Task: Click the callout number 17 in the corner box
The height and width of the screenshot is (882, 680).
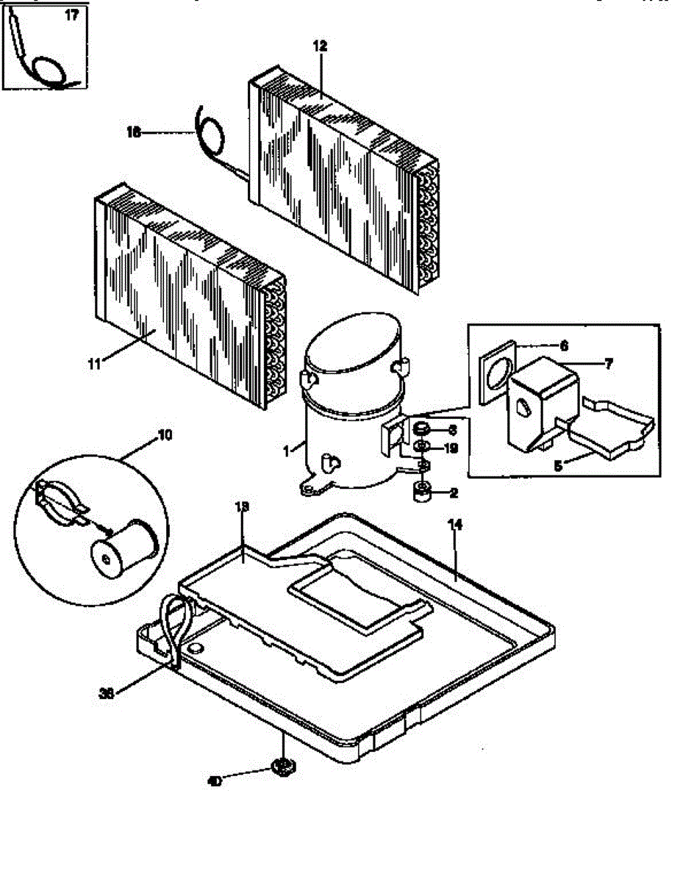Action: tap(71, 16)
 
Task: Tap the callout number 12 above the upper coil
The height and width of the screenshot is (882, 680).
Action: tap(320, 46)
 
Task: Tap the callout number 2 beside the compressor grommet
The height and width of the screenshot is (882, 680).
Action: tap(455, 492)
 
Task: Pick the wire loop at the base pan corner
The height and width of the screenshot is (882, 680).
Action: tap(176, 617)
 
